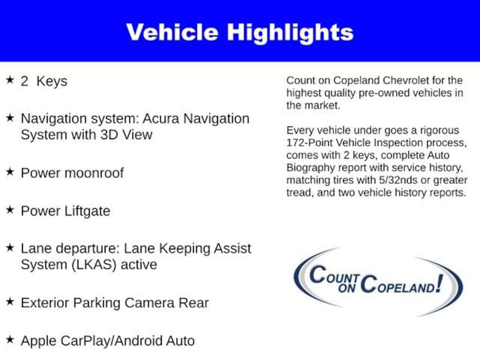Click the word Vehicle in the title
click(x=172, y=32)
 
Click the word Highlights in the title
click(x=290, y=32)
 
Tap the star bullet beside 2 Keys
click(x=9, y=80)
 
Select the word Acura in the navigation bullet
click(x=161, y=119)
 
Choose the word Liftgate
click(x=89, y=211)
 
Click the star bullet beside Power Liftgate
click(x=9, y=210)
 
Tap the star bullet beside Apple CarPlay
click(x=9, y=339)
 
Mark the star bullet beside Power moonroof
click(x=9, y=172)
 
